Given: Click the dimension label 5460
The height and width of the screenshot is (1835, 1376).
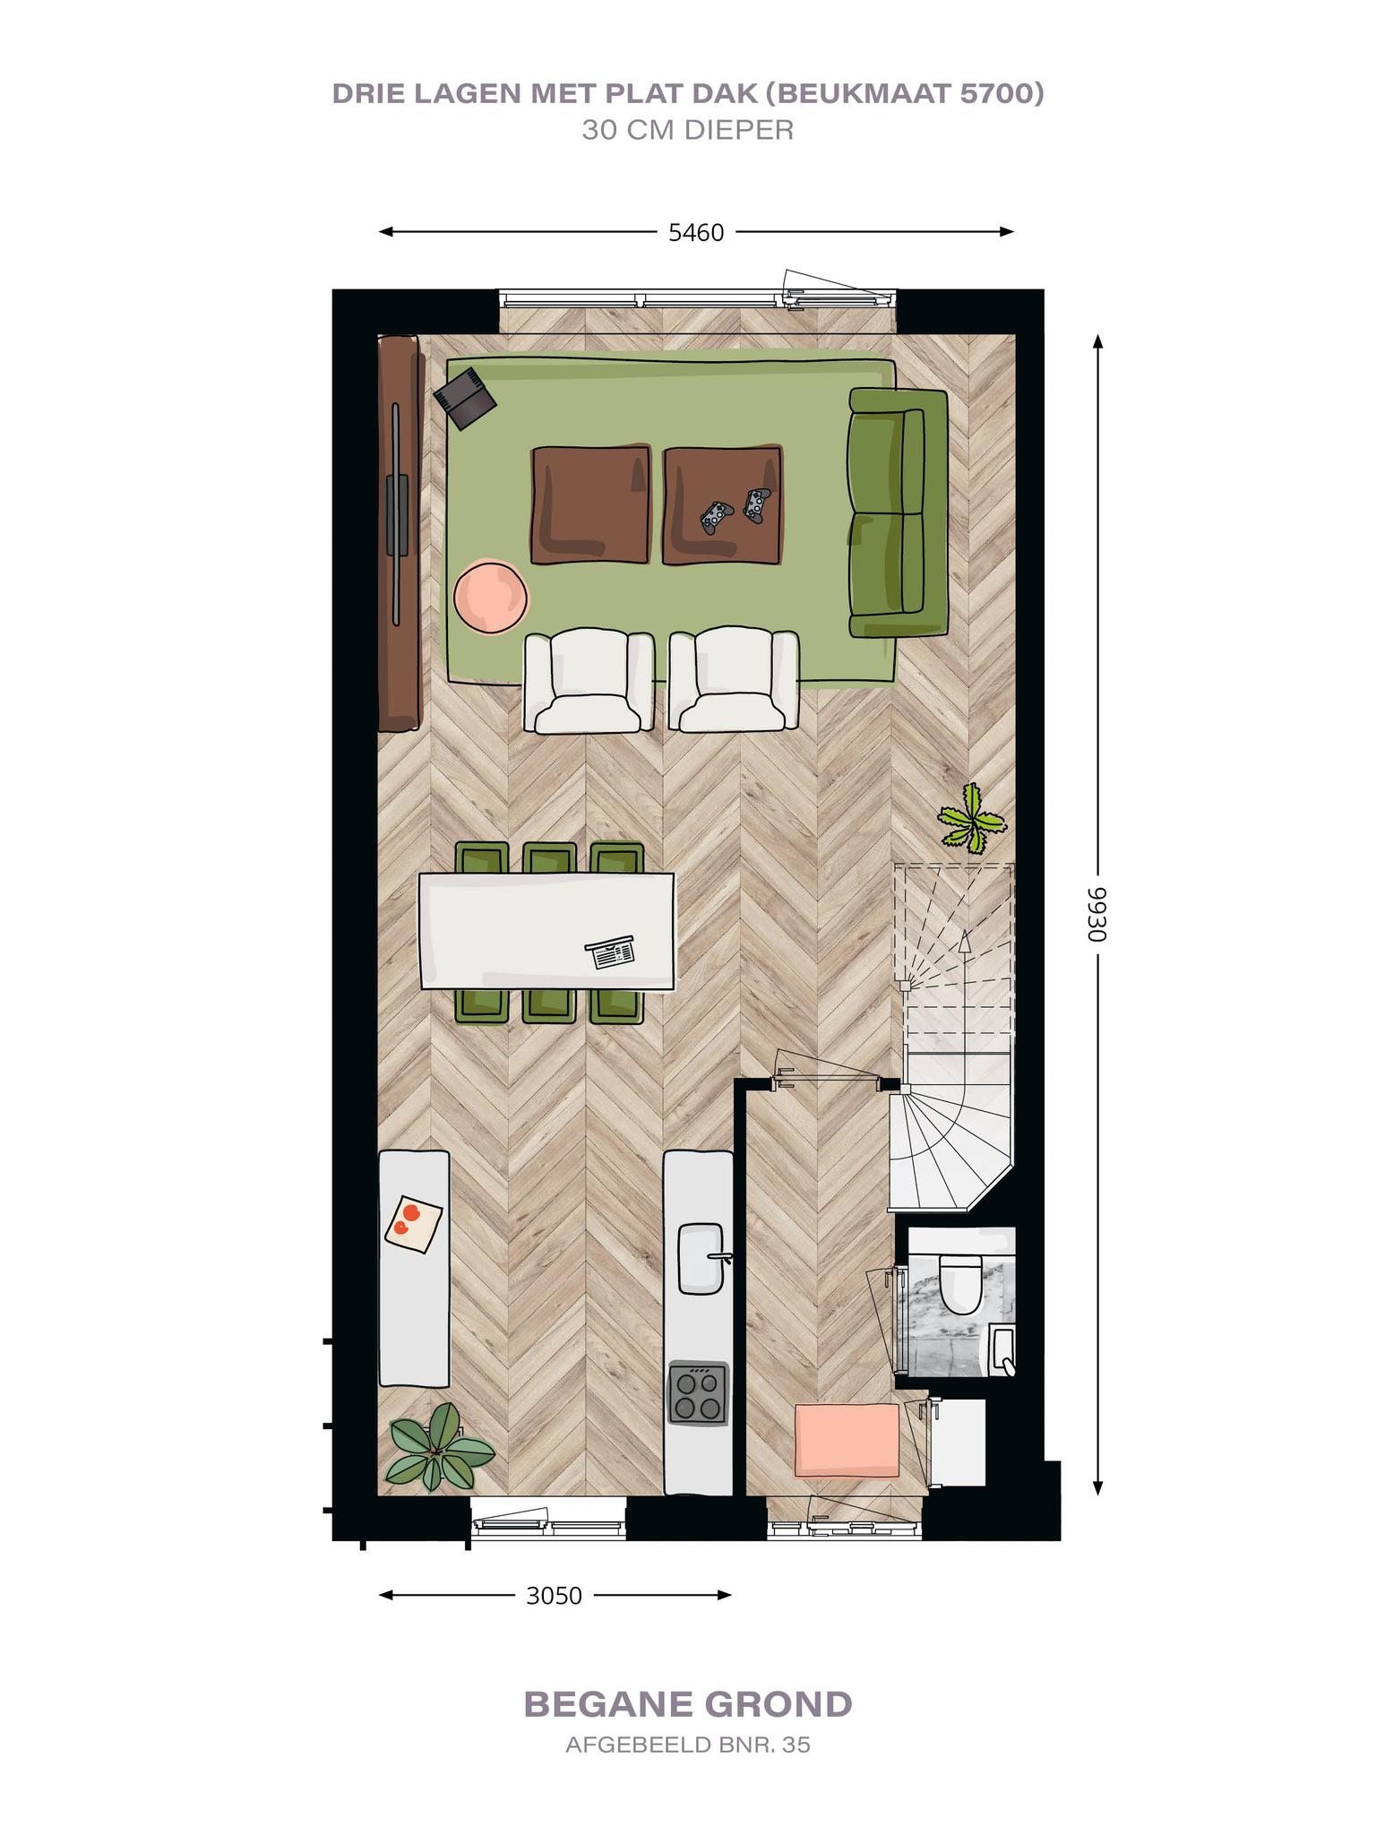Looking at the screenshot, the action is click(696, 233).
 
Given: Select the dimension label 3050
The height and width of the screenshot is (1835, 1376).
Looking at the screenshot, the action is click(554, 1596).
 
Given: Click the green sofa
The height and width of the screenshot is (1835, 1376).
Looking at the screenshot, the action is click(898, 513).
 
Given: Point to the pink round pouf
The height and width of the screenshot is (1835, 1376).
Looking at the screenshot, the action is click(491, 596).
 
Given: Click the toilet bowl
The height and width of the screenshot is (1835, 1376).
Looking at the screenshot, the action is click(959, 1282).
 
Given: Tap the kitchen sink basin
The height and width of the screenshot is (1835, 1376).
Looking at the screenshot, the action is click(701, 1258).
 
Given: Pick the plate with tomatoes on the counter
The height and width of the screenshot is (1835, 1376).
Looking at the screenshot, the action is click(413, 1223).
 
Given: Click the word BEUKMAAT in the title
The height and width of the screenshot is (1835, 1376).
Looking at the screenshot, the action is click(856, 94).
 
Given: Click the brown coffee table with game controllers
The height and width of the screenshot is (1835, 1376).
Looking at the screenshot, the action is click(722, 505).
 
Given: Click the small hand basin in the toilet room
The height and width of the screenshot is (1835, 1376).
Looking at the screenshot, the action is click(1002, 1352).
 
